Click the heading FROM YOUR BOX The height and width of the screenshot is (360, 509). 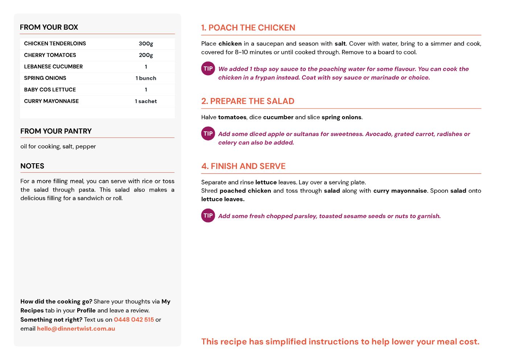coord(49,27)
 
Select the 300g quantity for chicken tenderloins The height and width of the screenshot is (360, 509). coord(146,44)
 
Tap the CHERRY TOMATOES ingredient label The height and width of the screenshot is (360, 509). coord(50,55)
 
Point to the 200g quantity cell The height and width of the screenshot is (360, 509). coord(146,55)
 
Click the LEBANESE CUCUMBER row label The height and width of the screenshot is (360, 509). coord(53,67)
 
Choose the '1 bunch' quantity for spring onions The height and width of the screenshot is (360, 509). coord(146,78)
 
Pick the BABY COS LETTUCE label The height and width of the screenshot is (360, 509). coord(50,90)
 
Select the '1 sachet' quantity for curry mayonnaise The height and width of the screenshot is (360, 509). coord(146,101)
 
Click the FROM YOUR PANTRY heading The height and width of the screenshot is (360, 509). coord(56,131)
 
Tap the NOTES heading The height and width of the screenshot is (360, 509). coord(32,166)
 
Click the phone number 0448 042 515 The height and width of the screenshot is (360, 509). coord(134,320)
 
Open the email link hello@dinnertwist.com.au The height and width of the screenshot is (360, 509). coord(76,329)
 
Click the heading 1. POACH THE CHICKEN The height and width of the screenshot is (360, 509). coord(248,28)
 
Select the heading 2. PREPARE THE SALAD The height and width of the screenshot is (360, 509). coord(248,101)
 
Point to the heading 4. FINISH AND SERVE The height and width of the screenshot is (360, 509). coord(243,166)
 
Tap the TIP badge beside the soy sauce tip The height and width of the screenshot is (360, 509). coord(208,69)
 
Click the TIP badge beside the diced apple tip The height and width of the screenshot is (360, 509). coord(208,134)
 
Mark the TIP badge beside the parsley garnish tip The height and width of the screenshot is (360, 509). coord(208,216)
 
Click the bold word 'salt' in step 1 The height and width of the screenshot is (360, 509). coord(340,44)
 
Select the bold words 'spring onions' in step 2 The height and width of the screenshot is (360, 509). coord(341,117)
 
